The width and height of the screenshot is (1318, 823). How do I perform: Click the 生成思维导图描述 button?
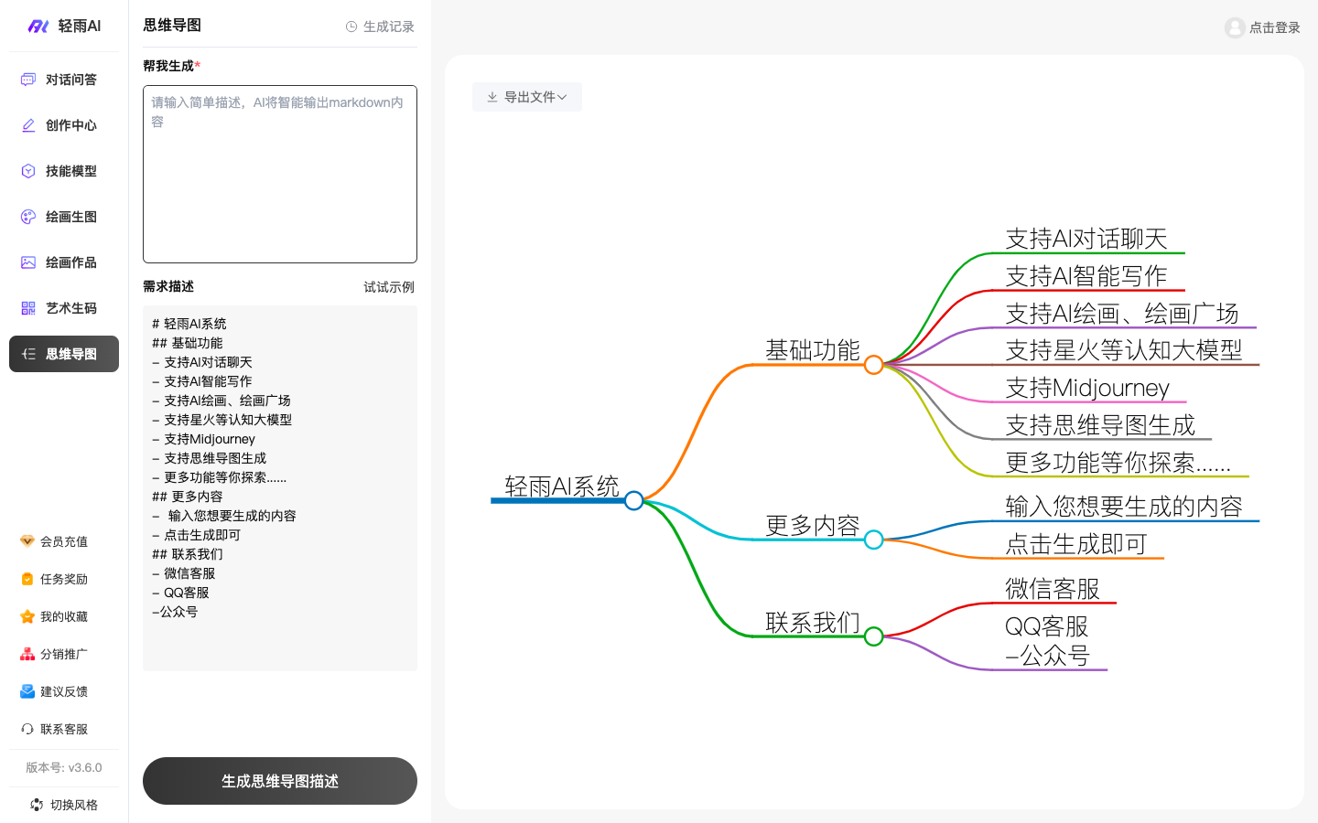[280, 781]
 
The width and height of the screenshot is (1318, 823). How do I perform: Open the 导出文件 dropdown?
[526, 97]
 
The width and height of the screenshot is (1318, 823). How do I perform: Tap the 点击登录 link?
[1263, 27]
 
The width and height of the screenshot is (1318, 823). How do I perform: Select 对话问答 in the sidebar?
[64, 80]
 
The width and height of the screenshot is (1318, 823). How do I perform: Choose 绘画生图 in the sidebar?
[64, 217]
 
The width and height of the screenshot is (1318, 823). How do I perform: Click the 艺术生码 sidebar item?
[64, 308]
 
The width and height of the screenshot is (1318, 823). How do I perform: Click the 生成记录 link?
[380, 27]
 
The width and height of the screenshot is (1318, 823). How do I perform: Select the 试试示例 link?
[389, 287]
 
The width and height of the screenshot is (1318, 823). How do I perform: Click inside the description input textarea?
[280, 174]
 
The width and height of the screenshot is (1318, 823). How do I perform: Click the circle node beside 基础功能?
[874, 365]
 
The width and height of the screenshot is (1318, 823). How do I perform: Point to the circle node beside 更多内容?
[874, 540]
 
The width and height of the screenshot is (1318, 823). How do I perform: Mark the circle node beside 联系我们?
[874, 636]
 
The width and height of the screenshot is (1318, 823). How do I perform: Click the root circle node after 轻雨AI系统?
[634, 500]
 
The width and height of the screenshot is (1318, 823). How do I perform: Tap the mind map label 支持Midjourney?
[1087, 388]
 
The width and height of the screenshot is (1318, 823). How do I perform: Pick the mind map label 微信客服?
[1053, 589]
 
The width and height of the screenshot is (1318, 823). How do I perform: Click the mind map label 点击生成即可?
[1076, 544]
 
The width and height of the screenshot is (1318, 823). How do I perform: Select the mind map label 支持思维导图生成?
[1100, 425]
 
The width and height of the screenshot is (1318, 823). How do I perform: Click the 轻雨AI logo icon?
[38, 27]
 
